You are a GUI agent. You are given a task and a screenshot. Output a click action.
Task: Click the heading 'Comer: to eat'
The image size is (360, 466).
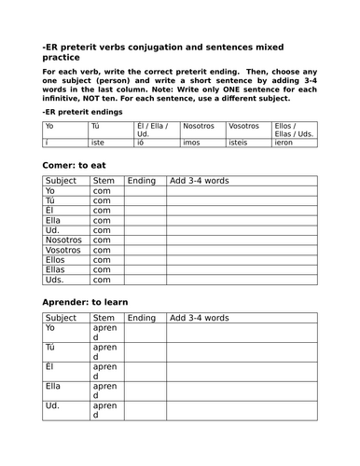[x=74, y=165]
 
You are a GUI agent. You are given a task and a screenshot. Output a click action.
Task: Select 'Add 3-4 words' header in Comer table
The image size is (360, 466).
[x=199, y=180]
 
